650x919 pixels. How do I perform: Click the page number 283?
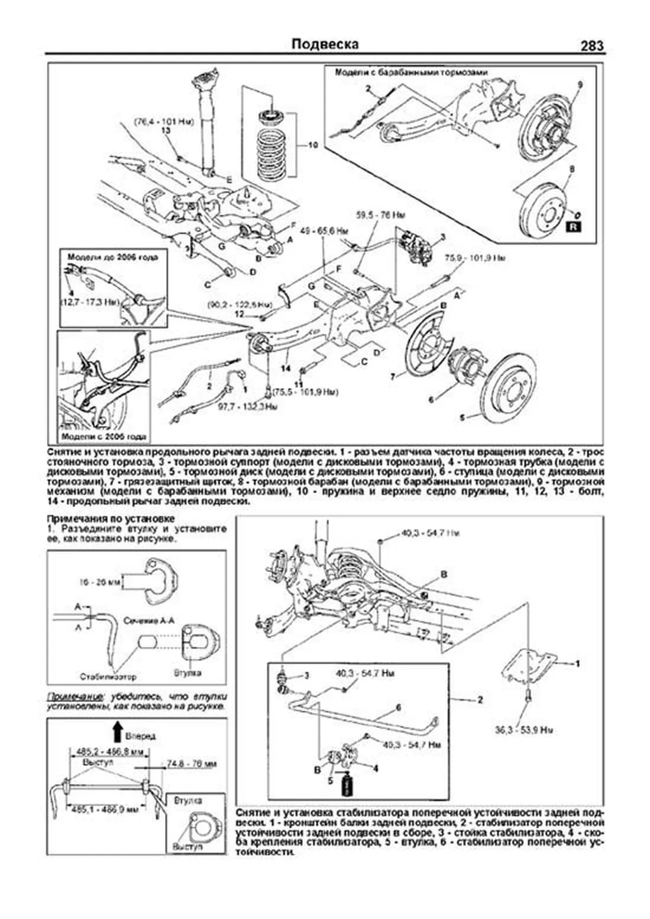[591, 46]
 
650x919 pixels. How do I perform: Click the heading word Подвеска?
[325, 44]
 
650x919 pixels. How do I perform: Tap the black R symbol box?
[573, 226]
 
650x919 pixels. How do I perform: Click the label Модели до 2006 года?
[113, 257]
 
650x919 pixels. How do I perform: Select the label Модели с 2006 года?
[103, 436]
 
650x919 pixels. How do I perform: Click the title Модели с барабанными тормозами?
[411, 72]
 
